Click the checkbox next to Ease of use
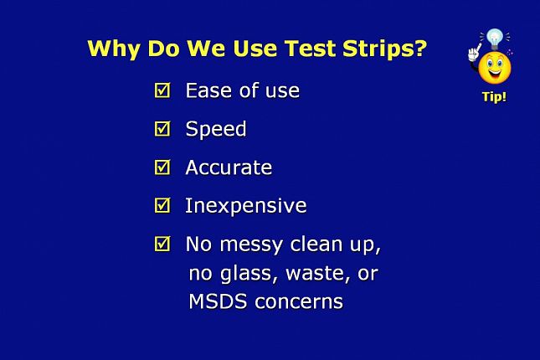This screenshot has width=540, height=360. [162, 90]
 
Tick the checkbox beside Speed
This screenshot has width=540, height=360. [162, 128]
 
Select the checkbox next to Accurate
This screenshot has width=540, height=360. [162, 167]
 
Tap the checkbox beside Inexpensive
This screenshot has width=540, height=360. [162, 205]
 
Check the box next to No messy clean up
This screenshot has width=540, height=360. [162, 244]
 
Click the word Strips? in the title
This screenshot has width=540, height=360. [384, 49]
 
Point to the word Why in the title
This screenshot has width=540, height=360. [114, 49]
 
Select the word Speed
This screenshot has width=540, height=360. [216, 129]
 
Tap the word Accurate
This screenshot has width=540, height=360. [229, 167]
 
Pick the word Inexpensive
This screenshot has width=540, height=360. [246, 206]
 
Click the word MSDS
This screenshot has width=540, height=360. [218, 301]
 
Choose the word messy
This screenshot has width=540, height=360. [251, 245]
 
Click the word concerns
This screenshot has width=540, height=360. [299, 302]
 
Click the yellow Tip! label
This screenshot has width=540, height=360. [494, 97]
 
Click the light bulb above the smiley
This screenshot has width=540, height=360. [495, 39]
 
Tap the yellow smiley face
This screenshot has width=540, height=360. [495, 68]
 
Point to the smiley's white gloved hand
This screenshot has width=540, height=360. [474, 54]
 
